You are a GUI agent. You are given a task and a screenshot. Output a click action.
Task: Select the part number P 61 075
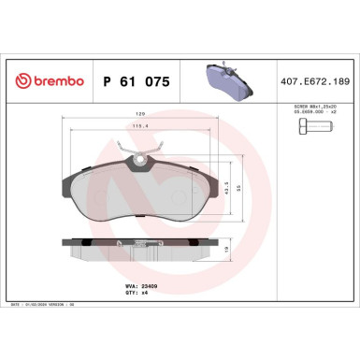point(136,82)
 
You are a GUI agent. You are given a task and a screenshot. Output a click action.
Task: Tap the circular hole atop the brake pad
point(141,160)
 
